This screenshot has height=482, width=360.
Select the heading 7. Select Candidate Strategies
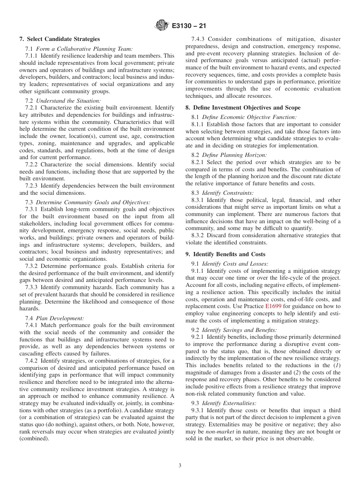click(59, 39)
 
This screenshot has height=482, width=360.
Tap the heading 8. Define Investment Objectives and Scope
click(243, 108)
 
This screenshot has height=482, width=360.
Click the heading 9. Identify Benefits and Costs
click(225, 254)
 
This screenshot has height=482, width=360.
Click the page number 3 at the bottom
click(180, 466)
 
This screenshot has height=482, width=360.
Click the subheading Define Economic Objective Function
click(249, 117)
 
